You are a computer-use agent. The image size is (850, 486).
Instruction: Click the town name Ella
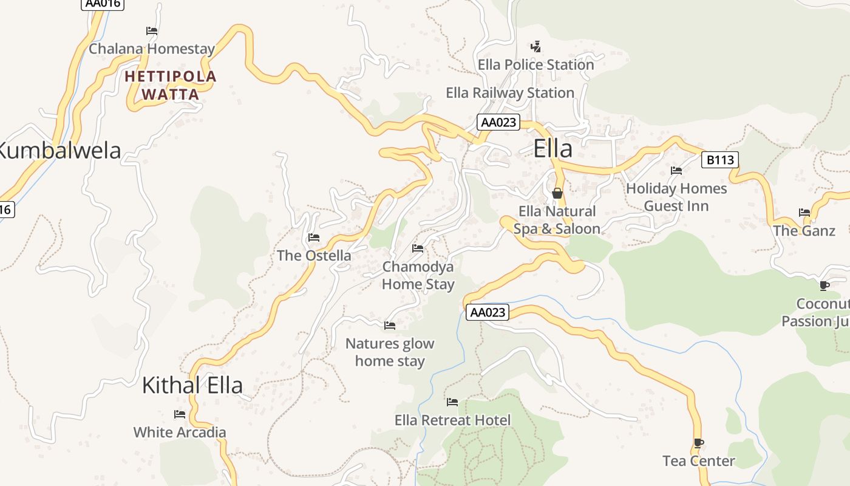pos(552,149)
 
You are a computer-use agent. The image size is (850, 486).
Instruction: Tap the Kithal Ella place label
pos(192,385)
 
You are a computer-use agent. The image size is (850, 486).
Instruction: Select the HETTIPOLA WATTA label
pos(171,85)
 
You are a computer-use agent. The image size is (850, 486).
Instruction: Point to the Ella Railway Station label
pos(510,93)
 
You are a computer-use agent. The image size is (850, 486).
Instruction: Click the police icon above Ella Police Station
pos(535,46)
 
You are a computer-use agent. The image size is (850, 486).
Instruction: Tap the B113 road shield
pos(720,160)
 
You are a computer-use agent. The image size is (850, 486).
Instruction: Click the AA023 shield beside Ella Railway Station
pos(498,122)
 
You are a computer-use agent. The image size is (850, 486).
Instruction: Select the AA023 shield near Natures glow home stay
pos(488,312)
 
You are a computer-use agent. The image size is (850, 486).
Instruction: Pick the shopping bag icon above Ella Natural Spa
pos(557,193)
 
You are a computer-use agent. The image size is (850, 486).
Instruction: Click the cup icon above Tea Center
pos(698,443)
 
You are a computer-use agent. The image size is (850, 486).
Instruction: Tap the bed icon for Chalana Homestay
pos(152,30)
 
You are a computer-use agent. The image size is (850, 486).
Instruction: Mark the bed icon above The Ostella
pos(314,238)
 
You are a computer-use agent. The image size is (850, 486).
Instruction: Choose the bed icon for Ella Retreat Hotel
pos(452,402)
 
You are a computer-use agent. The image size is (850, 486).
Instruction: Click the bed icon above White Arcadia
pos(180,414)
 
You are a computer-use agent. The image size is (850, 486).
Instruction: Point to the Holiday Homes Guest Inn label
pos(676,197)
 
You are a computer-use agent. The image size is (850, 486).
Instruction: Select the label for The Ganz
pos(804,231)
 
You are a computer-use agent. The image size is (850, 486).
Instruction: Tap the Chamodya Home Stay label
pos(418,275)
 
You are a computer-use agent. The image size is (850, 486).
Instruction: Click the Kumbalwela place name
pos(59,151)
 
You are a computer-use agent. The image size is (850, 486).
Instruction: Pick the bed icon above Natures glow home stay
pos(390,326)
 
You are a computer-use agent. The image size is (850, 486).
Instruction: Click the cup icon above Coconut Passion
pos(824,286)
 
